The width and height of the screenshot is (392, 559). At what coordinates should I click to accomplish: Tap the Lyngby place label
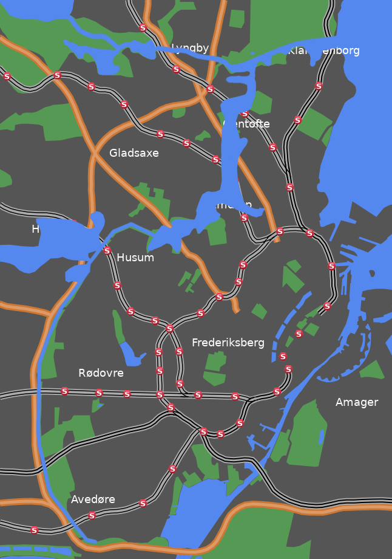190,48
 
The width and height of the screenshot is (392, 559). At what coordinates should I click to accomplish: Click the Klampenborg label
323,50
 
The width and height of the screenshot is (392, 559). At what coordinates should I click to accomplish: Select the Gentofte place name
246,124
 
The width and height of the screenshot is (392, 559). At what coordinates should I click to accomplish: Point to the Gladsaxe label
134,153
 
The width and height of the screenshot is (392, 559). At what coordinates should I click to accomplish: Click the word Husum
135,258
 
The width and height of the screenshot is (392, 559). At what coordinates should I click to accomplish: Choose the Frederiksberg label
228,343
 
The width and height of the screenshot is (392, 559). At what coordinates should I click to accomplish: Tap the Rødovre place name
101,373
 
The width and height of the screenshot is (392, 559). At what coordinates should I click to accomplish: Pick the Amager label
357,402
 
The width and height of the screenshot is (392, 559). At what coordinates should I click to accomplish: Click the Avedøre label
93,499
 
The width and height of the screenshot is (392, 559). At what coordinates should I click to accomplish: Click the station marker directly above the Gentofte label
245,114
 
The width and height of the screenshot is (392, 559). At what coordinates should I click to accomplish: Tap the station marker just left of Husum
107,250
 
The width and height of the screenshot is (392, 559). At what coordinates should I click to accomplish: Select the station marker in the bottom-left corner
35,530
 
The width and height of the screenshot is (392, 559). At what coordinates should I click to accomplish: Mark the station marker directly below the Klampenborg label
319,86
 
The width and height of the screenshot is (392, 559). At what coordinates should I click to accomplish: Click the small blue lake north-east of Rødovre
131,354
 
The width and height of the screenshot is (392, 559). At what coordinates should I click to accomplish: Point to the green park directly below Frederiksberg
215,368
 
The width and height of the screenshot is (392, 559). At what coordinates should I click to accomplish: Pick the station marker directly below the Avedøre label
92,515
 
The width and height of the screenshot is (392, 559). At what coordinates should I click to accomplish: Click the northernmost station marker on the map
143,28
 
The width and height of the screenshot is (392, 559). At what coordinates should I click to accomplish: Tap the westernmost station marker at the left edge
7,77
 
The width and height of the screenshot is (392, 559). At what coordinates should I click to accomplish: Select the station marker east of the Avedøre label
143,503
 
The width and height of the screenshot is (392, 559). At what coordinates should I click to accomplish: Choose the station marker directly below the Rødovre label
99,393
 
